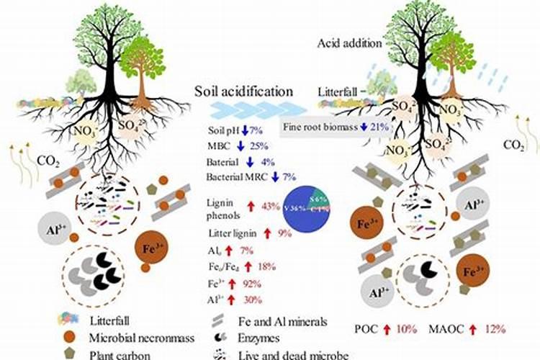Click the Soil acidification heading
pyautogui.click(x=244, y=91)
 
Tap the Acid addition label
pyautogui.click(x=351, y=43)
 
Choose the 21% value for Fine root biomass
pyautogui.click(x=379, y=127)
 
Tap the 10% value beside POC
pyautogui.click(x=407, y=329)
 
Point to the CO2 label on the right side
pyautogui.click(x=513, y=145)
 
